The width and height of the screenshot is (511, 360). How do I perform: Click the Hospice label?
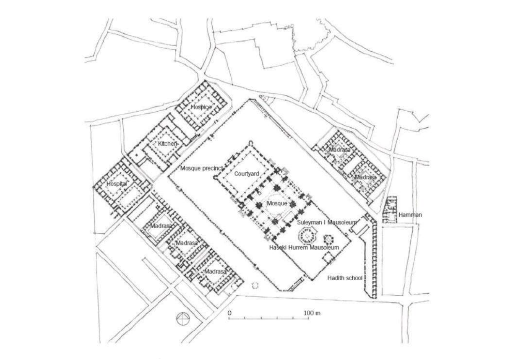point(200,107)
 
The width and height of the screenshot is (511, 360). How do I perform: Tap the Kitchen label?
point(167,144)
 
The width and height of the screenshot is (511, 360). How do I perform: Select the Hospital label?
point(117,184)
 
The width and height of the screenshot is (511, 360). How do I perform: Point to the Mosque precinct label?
point(200,169)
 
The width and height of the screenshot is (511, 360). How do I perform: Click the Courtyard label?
point(247,174)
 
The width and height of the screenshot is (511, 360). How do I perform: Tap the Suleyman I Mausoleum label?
point(326,223)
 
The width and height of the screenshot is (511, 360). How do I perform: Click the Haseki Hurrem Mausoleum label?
point(304,248)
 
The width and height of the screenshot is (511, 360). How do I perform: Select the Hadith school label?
point(344,278)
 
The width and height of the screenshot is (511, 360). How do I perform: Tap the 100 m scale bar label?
point(313,313)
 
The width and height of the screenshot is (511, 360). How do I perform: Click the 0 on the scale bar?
point(230,313)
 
